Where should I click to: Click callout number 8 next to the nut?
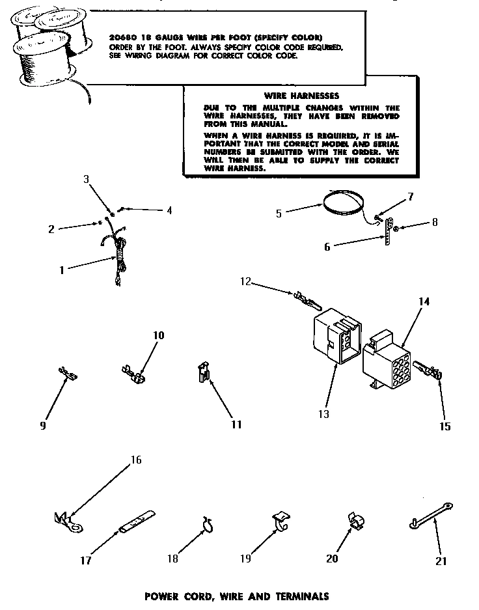pyautogui.click(x=434, y=222)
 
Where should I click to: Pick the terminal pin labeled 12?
pyautogui.click(x=308, y=301)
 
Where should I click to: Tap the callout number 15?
pyautogui.click(x=445, y=427)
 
